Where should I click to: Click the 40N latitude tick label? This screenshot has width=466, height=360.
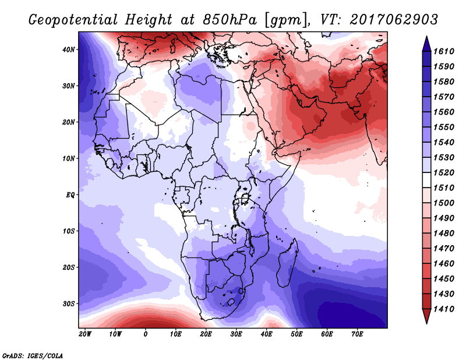69,50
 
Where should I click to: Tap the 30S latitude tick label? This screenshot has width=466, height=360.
69,304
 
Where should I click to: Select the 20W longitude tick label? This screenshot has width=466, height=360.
85,334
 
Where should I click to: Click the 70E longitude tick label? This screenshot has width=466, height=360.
357,334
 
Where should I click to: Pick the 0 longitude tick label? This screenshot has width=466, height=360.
145,334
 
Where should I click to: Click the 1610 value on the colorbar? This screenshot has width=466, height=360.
444,51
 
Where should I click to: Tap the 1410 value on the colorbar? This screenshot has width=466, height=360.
444,309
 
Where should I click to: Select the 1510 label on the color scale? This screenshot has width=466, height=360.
444,188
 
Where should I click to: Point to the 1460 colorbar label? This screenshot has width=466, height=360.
444,264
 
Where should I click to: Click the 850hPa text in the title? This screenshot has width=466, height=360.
230,20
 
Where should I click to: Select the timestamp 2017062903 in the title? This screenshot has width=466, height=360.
394,20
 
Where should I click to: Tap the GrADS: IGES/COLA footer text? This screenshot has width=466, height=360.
33,356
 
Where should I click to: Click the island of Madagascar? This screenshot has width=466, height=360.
288,263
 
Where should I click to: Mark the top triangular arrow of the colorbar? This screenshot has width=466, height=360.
427,44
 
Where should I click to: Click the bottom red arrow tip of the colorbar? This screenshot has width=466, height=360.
427,323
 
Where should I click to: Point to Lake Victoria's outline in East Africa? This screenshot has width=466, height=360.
244,197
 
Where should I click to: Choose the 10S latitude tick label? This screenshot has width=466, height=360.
69,231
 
